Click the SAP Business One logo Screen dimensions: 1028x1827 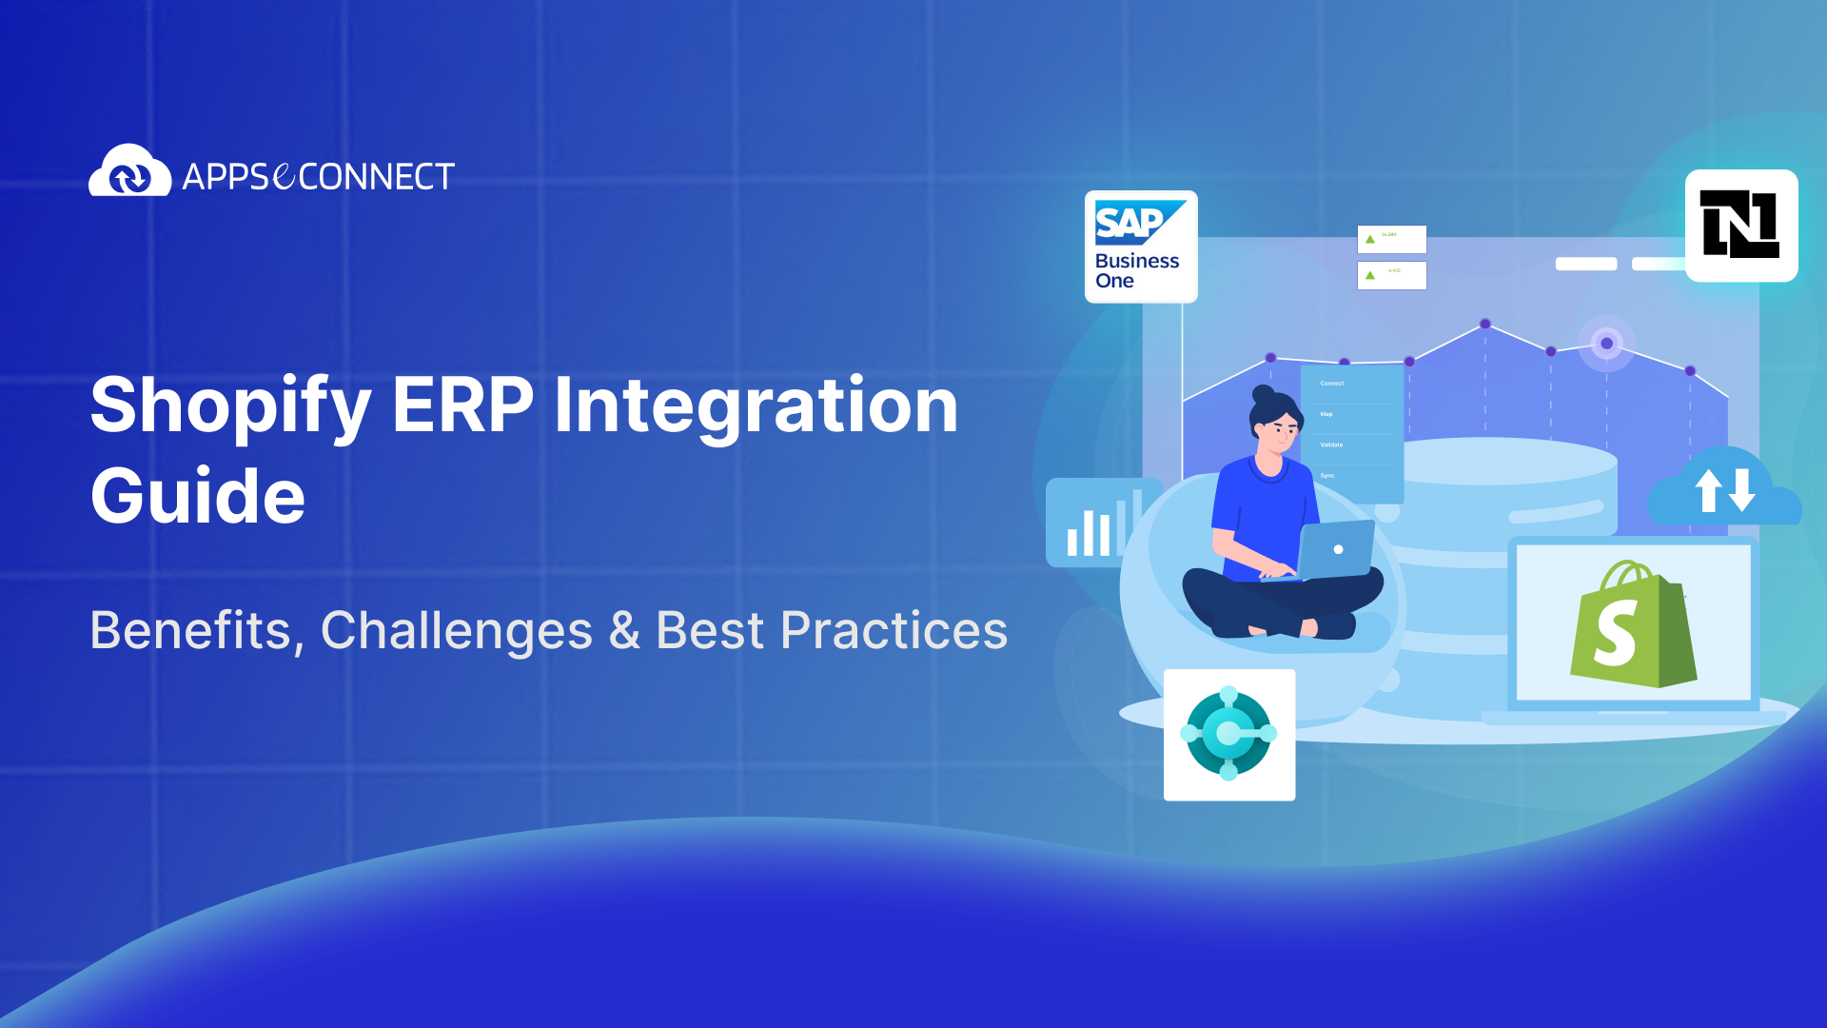point(1140,247)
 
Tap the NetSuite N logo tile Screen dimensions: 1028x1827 point(1740,226)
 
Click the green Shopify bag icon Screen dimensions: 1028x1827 point(1632,625)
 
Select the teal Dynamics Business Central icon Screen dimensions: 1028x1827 point(1228,734)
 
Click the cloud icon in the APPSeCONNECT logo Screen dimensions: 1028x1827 point(129,171)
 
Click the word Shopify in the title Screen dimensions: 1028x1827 point(229,405)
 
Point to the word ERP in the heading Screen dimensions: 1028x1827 point(462,405)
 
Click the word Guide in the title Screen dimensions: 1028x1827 point(197,496)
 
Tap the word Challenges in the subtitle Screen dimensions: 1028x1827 point(457,630)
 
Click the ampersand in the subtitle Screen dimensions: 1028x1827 point(624,630)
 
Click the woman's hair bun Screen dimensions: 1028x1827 point(1263,393)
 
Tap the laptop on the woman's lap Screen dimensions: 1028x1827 point(1336,549)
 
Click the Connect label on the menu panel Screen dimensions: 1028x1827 point(1331,384)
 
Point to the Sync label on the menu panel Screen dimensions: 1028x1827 point(1327,475)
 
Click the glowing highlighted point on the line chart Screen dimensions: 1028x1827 point(1606,344)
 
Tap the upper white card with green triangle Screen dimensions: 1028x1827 point(1391,239)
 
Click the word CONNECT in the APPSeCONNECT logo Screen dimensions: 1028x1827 point(377,177)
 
